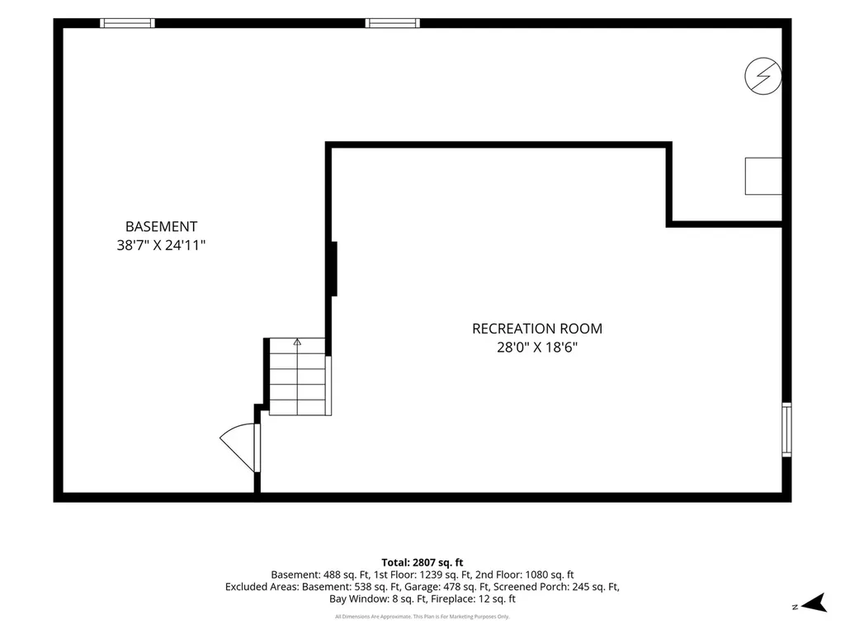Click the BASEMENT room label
click(x=161, y=226)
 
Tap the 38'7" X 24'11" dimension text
click(x=161, y=245)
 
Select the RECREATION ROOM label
click(x=537, y=329)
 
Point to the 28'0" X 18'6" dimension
click(x=537, y=348)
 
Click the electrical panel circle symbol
click(x=763, y=76)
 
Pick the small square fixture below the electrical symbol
click(x=763, y=177)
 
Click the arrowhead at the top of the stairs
click(x=297, y=342)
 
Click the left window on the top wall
click(x=127, y=23)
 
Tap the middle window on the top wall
click(x=392, y=23)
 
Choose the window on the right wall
click(x=786, y=429)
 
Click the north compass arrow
click(x=814, y=603)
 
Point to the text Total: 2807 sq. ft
click(x=422, y=563)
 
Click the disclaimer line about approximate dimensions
click(x=422, y=616)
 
